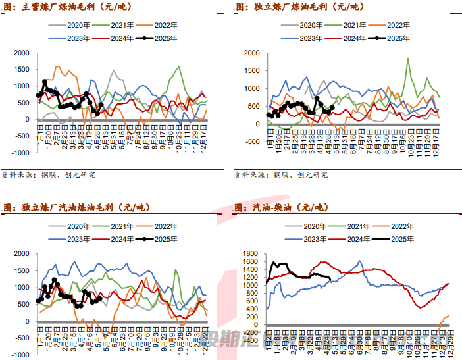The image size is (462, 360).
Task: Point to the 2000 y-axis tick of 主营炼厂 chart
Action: coord(21,53)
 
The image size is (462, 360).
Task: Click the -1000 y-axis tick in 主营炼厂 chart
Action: coord(19,153)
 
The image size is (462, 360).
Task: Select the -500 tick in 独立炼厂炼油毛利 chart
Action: coord(252,141)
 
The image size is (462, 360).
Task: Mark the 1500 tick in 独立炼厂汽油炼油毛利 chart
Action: coord(21,270)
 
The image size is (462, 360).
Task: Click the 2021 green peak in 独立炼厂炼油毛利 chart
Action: coord(408,59)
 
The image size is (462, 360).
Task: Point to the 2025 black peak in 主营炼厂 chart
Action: coord(45,82)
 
